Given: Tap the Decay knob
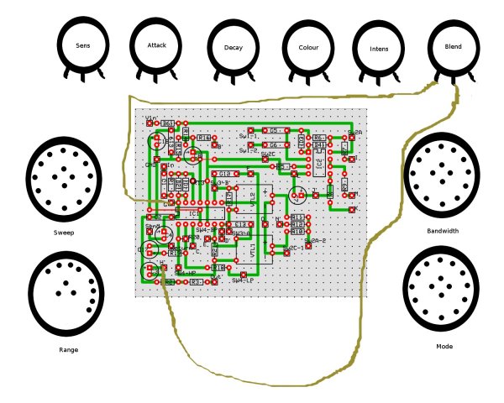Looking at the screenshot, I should pyautogui.click(x=234, y=48).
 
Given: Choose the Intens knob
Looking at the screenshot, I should pyautogui.click(x=378, y=48).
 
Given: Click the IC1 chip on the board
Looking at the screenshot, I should pyautogui.click(x=194, y=213).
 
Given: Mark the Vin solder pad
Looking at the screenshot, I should pyautogui.click(x=150, y=123).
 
